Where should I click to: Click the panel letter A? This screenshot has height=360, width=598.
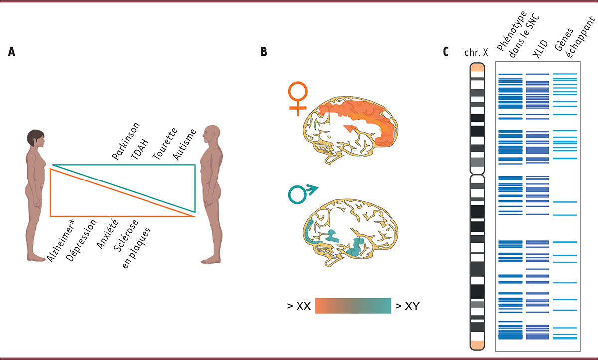point(11,52)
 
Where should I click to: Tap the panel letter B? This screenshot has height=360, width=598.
point(265,52)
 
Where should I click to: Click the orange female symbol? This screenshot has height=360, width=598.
point(298,97)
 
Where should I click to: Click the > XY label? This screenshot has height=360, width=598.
point(408,305)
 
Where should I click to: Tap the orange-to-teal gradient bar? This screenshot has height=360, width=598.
point(353,305)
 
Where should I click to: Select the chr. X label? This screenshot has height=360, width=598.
point(477,53)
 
